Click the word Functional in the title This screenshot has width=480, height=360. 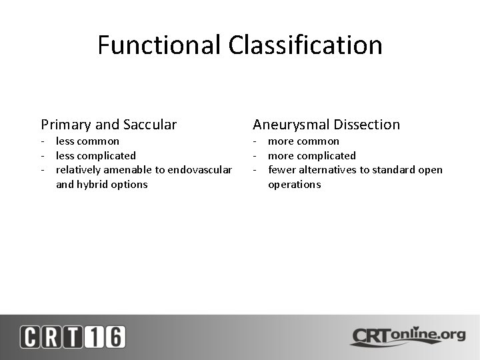(159, 45)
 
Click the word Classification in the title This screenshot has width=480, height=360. (305, 45)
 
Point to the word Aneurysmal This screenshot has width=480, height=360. (291, 125)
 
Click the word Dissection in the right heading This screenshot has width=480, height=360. (367, 125)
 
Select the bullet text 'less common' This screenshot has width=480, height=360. (87, 141)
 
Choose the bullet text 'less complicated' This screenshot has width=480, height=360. (95, 155)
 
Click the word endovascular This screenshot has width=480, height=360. (200, 170)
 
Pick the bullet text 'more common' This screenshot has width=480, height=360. (303, 141)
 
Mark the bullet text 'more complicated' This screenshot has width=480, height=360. (311, 155)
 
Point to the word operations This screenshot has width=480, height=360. (294, 184)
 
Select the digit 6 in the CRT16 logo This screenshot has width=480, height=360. (114, 337)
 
